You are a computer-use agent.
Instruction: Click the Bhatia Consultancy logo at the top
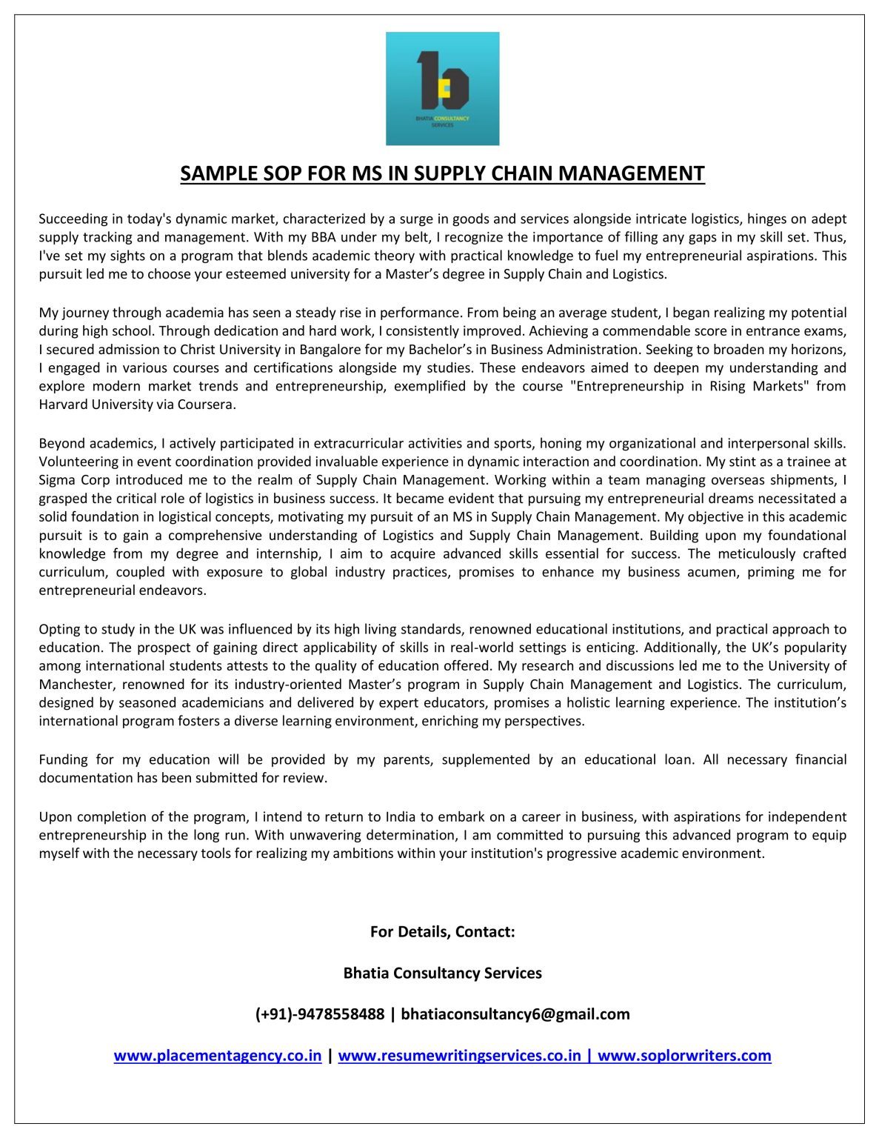click(442, 88)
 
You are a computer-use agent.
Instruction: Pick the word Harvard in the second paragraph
click(62, 405)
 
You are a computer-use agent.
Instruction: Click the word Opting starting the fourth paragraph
click(59, 630)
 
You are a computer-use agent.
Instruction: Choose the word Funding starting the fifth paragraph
click(63, 760)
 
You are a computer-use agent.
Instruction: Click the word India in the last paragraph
click(401, 817)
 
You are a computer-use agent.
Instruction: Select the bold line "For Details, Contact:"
click(442, 932)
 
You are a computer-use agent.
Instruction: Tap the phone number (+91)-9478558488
click(320, 1014)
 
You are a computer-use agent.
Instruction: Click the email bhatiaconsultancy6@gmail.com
click(515, 1014)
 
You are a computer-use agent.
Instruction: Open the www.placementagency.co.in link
click(218, 1056)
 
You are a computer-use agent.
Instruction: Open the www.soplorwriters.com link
click(684, 1056)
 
